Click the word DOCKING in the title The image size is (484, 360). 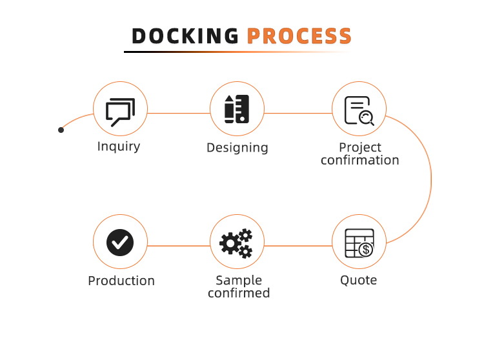[x=185, y=36]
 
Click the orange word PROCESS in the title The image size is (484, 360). [x=299, y=36]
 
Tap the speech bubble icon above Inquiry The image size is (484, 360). [x=121, y=112]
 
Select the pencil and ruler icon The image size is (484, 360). [x=237, y=109]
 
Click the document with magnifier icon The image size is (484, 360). [x=359, y=111]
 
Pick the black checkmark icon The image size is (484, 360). [x=120, y=243]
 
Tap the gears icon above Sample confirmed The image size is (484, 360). [x=236, y=243]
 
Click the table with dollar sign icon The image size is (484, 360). [x=359, y=243]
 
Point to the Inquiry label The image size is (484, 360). [x=119, y=146]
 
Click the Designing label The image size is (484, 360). [x=237, y=148]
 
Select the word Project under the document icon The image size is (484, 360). [x=360, y=148]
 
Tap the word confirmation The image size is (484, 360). [x=360, y=160]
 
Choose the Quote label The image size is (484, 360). [x=358, y=281]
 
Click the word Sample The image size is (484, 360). [x=239, y=281]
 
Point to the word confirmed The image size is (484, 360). [x=239, y=293]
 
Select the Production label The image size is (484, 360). [x=121, y=281]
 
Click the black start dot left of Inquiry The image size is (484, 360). [x=61, y=130]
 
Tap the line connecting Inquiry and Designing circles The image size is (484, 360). [x=179, y=113]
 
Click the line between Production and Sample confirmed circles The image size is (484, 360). [x=179, y=246]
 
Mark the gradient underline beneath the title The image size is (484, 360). [x=237, y=52]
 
